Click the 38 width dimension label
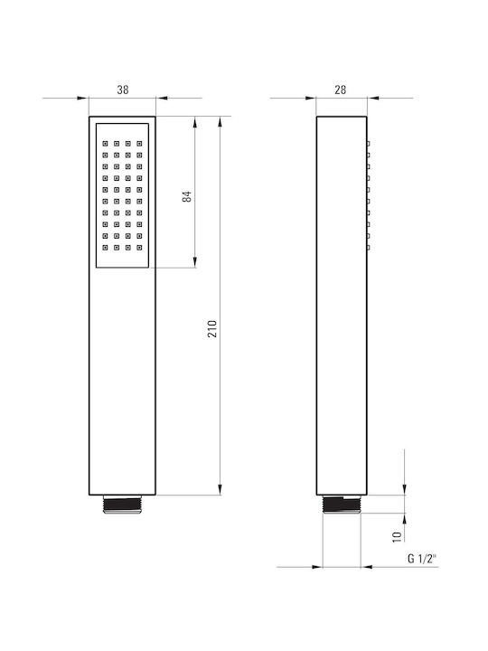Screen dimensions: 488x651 pyautogui.click(x=123, y=90)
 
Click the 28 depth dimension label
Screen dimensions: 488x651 pyautogui.click(x=341, y=90)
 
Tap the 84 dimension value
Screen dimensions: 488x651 pyautogui.click(x=188, y=196)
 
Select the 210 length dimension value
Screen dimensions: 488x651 pyautogui.click(x=212, y=329)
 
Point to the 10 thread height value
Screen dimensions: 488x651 pyautogui.click(x=397, y=536)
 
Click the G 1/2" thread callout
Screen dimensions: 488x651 pyautogui.click(x=421, y=559)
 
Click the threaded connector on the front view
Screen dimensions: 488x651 pyautogui.click(x=122, y=505)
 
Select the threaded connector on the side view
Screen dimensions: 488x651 pyautogui.click(x=342, y=505)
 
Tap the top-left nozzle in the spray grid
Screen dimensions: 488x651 pyautogui.click(x=105, y=144)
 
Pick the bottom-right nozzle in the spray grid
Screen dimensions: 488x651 pyautogui.click(x=139, y=248)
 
